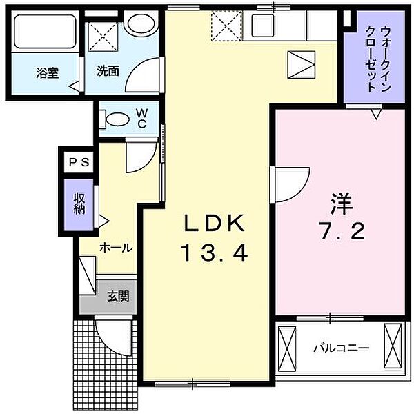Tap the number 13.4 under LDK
pyautogui.click(x=214, y=254)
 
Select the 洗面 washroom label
pyautogui.click(x=107, y=70)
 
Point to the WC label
pyautogui.click(x=141, y=119)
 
